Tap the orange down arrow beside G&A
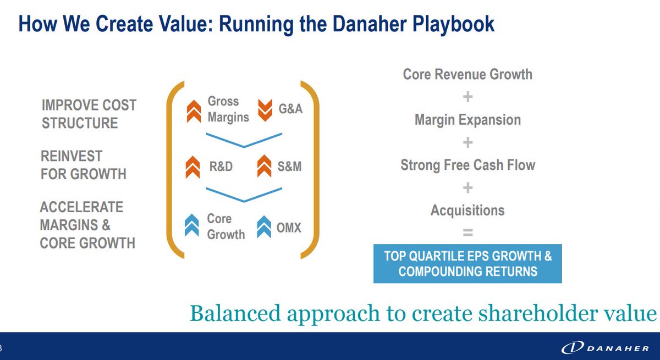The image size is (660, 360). [265, 109]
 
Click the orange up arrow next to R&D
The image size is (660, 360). [193, 167]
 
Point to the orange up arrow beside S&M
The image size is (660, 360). [265, 167]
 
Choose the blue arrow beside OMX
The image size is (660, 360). [265, 226]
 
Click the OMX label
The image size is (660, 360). [288, 226]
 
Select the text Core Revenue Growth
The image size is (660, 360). [468, 74]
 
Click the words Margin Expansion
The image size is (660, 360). [468, 120]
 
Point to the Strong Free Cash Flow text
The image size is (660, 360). [468, 165]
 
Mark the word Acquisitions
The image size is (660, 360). [468, 210]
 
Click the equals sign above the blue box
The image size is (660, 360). [468, 232]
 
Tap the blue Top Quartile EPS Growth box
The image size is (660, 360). [468, 264]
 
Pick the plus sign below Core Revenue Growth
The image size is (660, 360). [468, 97]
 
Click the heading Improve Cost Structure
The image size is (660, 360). [89, 114]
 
